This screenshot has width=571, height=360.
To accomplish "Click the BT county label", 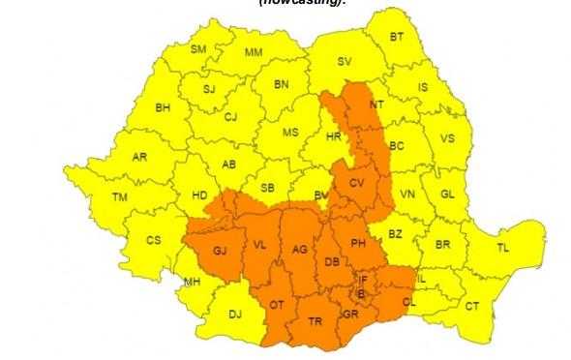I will point(397,36).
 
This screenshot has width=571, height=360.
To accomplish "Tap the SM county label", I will point(198,48).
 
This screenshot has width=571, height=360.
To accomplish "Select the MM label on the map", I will point(254,51).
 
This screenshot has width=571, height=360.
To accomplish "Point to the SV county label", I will point(346,61).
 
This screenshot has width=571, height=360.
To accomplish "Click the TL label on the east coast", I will point(502,248).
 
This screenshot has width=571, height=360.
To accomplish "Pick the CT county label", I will point(472,306).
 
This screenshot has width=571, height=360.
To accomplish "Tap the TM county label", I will point(120,197).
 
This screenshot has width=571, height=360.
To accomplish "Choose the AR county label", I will point(139,156).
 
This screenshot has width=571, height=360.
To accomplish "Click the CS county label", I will point(153,240).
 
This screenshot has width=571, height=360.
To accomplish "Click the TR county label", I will point(315,320).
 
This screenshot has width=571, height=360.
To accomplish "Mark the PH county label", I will point(357,243).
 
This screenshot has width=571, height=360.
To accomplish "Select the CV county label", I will point(356,183).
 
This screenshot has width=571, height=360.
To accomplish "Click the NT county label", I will point(377,104).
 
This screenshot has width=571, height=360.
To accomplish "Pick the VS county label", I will point(446,138).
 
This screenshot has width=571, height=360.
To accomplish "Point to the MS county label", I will point(290,132).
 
